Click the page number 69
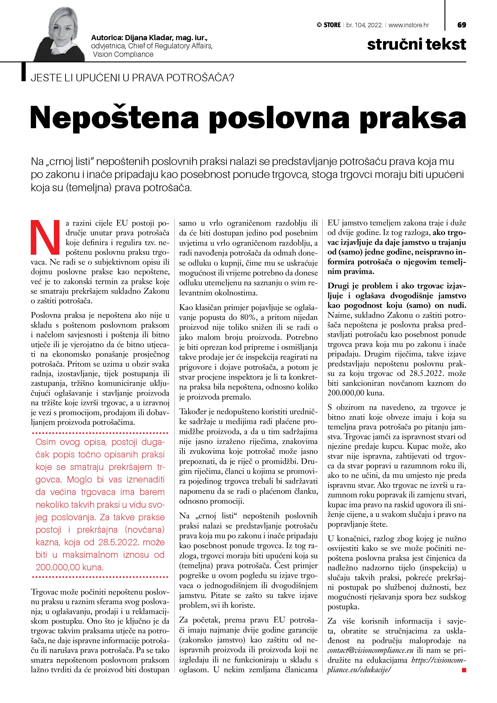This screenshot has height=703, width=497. coord(461,25)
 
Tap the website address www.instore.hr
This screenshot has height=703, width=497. coord(409,25)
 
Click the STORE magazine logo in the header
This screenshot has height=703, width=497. coord(329,25)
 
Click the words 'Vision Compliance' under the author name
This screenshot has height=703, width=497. coord(123,55)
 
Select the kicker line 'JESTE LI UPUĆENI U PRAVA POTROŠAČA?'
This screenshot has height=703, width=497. coord(132,78)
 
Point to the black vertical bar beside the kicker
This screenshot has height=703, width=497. coord(23,72)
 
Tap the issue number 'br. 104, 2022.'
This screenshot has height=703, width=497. coord(365,25)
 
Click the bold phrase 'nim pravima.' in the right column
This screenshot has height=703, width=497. coord(351,272)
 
